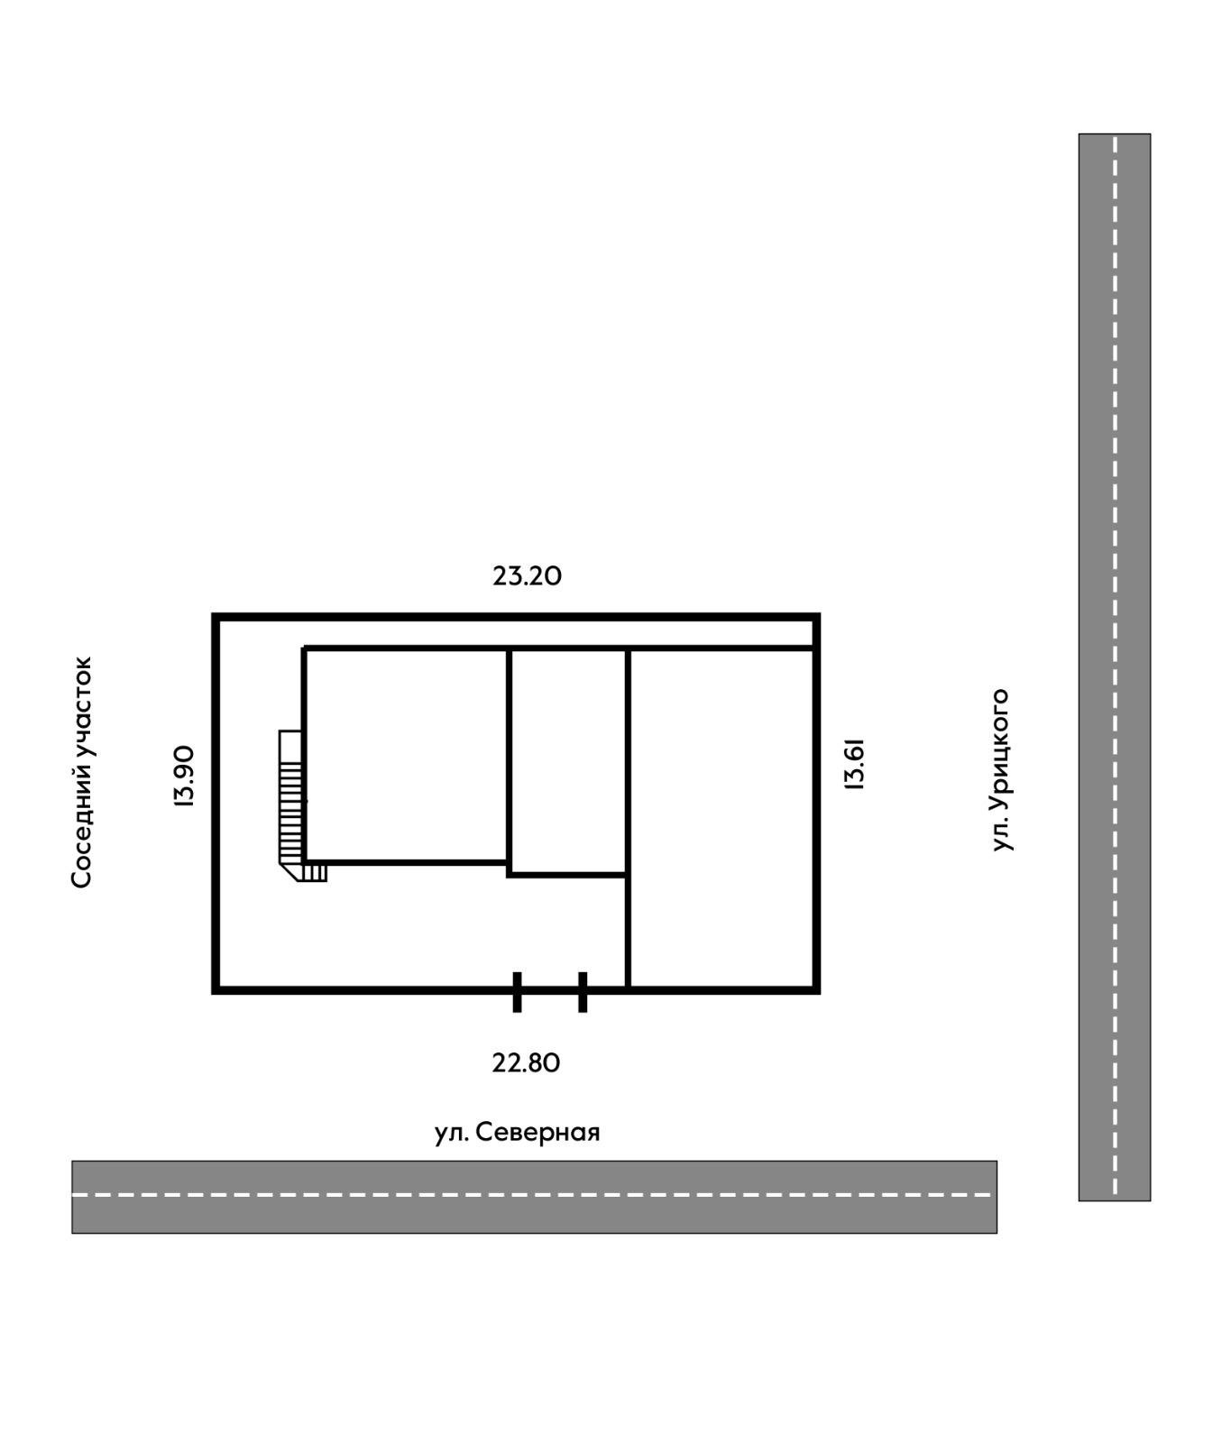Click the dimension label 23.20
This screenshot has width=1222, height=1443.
(527, 575)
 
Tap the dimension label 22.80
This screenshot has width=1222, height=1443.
(526, 1062)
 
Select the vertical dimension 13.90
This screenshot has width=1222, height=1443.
(184, 776)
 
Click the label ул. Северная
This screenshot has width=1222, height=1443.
(517, 1132)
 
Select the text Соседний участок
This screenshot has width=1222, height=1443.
(82, 772)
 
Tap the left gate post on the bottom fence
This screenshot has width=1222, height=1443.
(517, 992)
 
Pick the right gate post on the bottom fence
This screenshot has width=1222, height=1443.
(583, 992)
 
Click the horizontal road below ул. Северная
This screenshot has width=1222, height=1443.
(534, 1196)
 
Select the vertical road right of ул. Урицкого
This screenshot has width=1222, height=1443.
(1115, 667)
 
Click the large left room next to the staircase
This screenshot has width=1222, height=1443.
(406, 756)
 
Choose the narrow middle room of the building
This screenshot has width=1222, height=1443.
(568, 761)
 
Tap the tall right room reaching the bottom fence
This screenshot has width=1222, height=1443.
(721, 818)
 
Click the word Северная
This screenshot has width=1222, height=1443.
(537, 1132)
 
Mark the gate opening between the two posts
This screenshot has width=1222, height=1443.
(550, 990)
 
